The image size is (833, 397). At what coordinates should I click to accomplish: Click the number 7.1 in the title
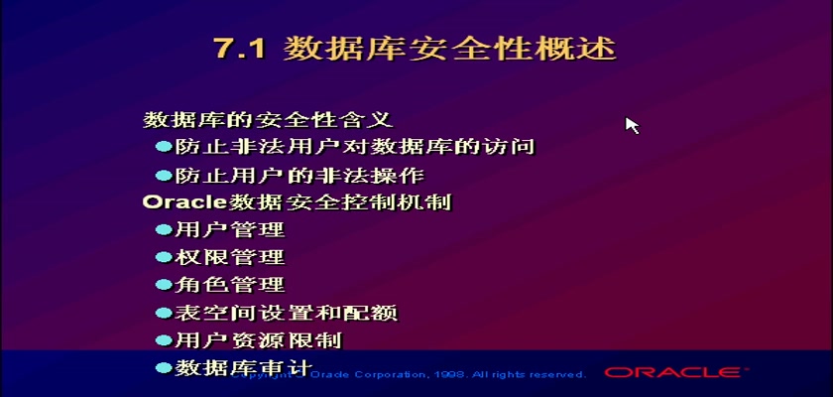[241, 49]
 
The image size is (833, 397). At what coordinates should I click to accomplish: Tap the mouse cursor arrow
[631, 125]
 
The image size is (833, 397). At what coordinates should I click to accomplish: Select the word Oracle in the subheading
[184, 201]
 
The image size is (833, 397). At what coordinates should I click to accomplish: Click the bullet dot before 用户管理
[164, 229]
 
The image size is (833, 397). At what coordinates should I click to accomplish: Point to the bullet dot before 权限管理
[164, 257]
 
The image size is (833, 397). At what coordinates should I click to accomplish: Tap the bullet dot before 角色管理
[164, 284]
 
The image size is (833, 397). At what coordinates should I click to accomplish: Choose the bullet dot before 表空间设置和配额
[164, 313]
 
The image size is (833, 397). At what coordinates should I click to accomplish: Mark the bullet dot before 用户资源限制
[164, 339]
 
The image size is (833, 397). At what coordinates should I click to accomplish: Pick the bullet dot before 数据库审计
[164, 367]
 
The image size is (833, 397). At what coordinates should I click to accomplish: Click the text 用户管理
[229, 229]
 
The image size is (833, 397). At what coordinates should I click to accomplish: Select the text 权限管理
[229, 257]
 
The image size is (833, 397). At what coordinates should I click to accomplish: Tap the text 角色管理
[229, 285]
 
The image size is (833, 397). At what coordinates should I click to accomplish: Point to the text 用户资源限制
[258, 340]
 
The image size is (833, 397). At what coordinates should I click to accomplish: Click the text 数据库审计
[243, 368]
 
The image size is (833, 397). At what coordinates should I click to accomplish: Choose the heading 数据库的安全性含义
[269, 119]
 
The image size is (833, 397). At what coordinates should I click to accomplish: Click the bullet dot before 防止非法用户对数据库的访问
[164, 146]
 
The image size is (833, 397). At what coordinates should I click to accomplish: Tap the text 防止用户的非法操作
[299, 175]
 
